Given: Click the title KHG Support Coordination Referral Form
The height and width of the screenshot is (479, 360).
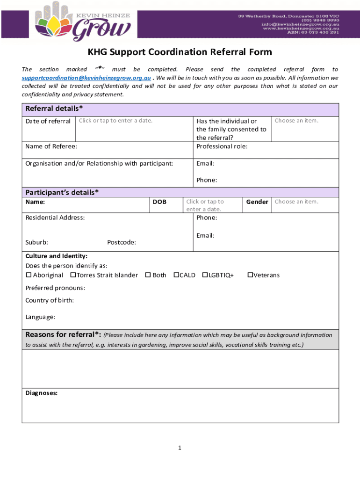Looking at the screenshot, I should point(180,52).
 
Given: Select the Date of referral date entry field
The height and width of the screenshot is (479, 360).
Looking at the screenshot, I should point(115,121).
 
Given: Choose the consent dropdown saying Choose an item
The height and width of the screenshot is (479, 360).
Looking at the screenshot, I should point(296,121).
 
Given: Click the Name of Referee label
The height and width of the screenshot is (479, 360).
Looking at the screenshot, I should point(51,147).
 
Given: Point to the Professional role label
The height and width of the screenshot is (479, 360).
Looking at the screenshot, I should point(222,146).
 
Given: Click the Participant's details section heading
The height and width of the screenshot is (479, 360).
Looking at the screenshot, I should point(62,192).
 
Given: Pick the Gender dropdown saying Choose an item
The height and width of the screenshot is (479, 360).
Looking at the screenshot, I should point(296,202).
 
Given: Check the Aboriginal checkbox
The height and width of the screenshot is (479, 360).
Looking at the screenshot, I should point(28,275).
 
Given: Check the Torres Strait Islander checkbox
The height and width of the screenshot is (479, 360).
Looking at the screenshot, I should point(73,275).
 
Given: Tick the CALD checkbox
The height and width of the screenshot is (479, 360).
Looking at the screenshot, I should point(176,275).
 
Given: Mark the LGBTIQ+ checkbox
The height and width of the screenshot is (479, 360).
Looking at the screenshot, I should point(205,275).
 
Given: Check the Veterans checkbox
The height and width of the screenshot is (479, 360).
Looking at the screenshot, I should point(250,275).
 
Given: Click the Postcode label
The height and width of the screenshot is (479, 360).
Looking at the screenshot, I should point(122,242).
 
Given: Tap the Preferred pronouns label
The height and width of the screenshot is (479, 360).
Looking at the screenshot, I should point(55,288).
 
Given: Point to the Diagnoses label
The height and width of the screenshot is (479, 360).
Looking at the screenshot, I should point(41,393).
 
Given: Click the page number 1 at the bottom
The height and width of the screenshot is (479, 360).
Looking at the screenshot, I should point(179,448).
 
